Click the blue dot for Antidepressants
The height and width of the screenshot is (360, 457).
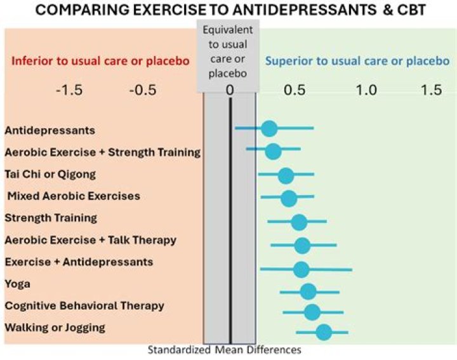coord(268,128)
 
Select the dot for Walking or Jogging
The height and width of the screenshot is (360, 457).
coord(324,332)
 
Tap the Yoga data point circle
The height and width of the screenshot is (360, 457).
coord(308,291)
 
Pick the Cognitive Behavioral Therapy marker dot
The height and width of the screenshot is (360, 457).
coord(312,312)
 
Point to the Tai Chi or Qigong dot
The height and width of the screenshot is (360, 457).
coord(286,176)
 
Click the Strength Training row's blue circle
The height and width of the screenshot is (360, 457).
coord(299,222)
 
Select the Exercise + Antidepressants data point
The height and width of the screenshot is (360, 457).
coord(301,269)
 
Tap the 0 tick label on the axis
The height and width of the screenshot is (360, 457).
coord(230,90)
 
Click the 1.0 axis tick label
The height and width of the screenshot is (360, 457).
coord(366,90)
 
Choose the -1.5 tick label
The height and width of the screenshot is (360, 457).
coord(69,90)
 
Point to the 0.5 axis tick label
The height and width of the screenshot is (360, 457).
coord(295,90)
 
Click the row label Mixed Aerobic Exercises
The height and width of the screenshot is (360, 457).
coord(74,196)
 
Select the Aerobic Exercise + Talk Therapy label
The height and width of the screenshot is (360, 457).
coord(91,240)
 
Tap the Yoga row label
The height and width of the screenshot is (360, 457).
coord(18,284)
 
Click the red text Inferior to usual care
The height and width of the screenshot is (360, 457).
coord(69,61)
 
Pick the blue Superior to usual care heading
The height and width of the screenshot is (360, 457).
coord(322,61)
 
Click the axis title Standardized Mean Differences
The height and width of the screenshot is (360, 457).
coord(225,349)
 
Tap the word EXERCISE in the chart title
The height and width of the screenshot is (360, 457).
coord(169,10)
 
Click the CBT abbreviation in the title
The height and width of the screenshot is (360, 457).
coord(411,10)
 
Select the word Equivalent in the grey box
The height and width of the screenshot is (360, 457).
coord(228,30)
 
